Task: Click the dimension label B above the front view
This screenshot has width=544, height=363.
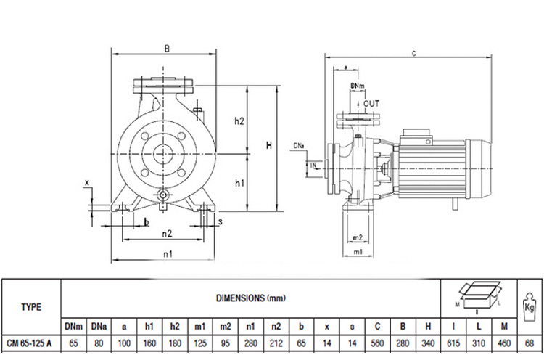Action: coord(166,49)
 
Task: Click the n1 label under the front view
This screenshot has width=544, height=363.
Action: coord(166,253)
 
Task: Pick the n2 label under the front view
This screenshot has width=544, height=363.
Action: coord(166,234)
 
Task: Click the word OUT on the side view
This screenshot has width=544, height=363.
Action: coord(371,103)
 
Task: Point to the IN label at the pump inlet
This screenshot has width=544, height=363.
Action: coord(313,166)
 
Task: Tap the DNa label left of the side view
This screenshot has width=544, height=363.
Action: coord(299,146)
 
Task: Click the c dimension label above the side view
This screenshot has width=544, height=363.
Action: coord(413,53)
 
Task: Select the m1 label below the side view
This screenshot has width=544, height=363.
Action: coord(357,251)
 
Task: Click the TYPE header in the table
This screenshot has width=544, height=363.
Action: coord(31,306)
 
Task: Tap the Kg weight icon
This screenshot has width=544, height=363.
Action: coord(528,300)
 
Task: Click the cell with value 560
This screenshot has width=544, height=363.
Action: coord(378,344)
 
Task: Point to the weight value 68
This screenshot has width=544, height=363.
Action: coord(529,344)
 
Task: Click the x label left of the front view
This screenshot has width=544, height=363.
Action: coord(86,182)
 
